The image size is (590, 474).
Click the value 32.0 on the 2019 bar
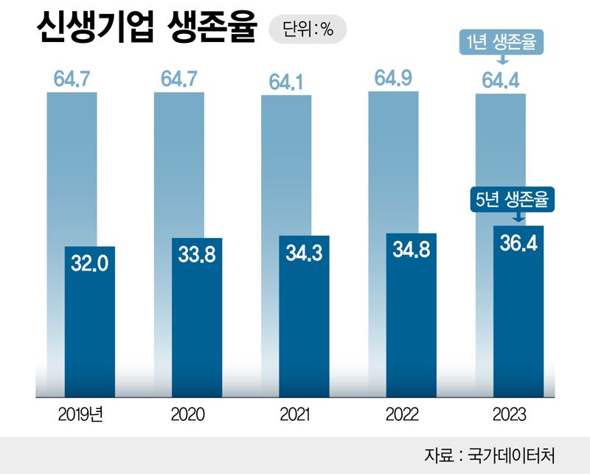tap(90, 262)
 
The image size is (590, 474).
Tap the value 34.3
tap(304, 252)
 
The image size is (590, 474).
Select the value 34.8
tap(412, 250)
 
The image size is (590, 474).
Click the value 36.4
tap(518, 243)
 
